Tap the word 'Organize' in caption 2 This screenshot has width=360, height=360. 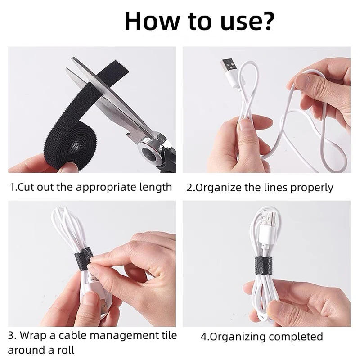click(219, 187)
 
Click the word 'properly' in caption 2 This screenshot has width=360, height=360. click(312, 187)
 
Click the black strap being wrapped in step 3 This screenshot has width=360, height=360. click(84, 258)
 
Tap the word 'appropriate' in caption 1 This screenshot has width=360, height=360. click(103, 187)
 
